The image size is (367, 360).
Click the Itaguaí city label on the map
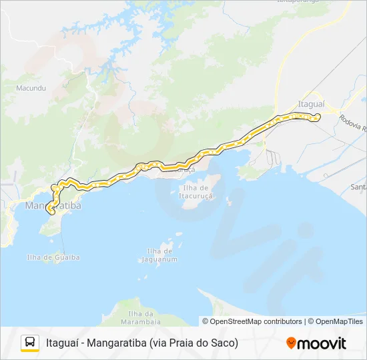(x=310, y=105)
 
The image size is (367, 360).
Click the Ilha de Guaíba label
(x=53, y=257)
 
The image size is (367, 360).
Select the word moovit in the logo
(x=322, y=343)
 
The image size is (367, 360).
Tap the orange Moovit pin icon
(x=291, y=343)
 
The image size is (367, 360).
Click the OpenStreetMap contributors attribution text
(x=256, y=321)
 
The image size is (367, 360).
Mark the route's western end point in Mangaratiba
(x=51, y=211)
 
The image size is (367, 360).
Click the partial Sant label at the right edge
(x=359, y=187)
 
